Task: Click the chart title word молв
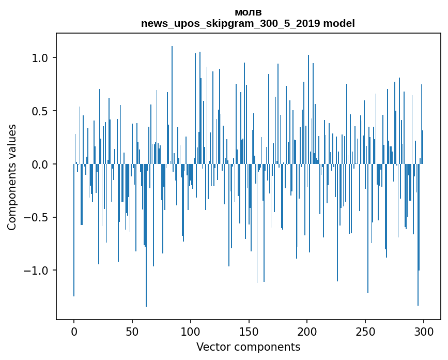[248, 12]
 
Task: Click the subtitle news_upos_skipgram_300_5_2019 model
[248, 23]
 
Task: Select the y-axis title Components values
[12, 177]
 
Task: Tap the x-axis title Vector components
[248, 347]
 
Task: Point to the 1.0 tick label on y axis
[40, 58]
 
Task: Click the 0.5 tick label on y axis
[40, 111]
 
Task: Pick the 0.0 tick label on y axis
[40, 164]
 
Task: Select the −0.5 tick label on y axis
[37, 218]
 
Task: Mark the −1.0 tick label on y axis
[37, 271]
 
